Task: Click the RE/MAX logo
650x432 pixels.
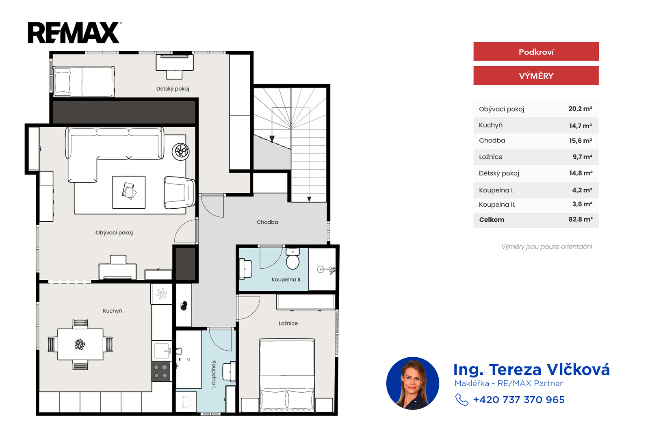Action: pyautogui.click(x=75, y=32)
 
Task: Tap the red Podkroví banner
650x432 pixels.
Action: pyautogui.click(x=536, y=51)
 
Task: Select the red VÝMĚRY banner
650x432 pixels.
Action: pyautogui.click(x=536, y=76)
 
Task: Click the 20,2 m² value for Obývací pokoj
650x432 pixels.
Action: pyautogui.click(x=580, y=109)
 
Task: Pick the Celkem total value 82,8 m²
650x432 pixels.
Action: pyautogui.click(x=581, y=219)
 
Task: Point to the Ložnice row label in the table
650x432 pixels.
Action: pyautogui.click(x=490, y=157)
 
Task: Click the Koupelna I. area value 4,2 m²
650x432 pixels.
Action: pyautogui.click(x=582, y=190)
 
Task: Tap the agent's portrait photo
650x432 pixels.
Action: pyautogui.click(x=413, y=383)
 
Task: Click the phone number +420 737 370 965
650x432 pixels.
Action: pyautogui.click(x=519, y=400)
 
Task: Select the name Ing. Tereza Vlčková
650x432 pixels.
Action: pyautogui.click(x=531, y=369)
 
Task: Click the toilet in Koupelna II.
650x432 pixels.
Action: pyautogui.click(x=292, y=259)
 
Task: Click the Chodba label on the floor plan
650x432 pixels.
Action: pyautogui.click(x=267, y=222)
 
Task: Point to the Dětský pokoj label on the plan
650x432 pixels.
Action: pyautogui.click(x=173, y=89)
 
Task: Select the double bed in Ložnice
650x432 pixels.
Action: pyautogui.click(x=287, y=375)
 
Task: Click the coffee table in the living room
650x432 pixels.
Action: pyautogui.click(x=129, y=192)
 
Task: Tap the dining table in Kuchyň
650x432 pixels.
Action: pyautogui.click(x=80, y=344)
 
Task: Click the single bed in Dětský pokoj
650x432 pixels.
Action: pyautogui.click(x=84, y=82)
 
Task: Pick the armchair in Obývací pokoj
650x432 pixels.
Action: pyautogui.click(x=179, y=192)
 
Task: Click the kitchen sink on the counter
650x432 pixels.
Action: pyautogui.click(x=162, y=351)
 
